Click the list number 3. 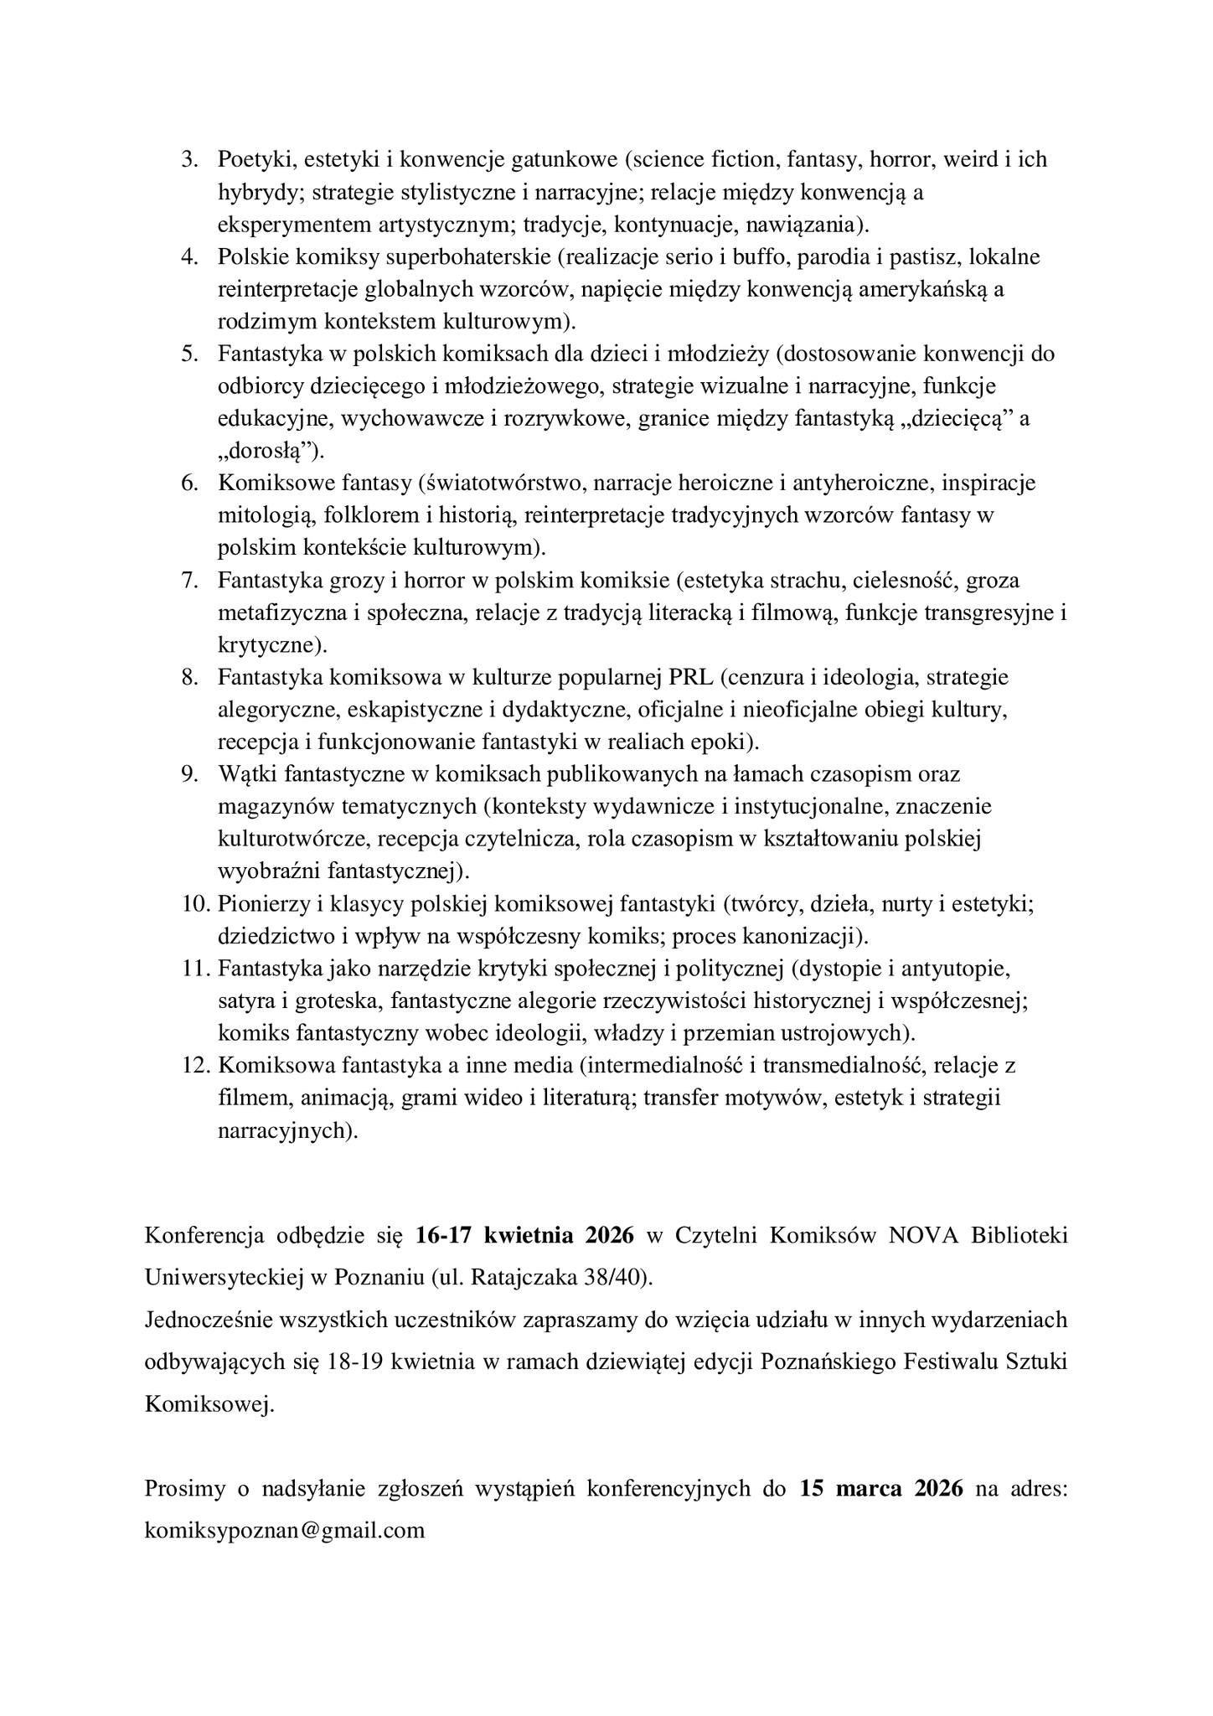click(188, 159)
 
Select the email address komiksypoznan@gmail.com click(284, 1530)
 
